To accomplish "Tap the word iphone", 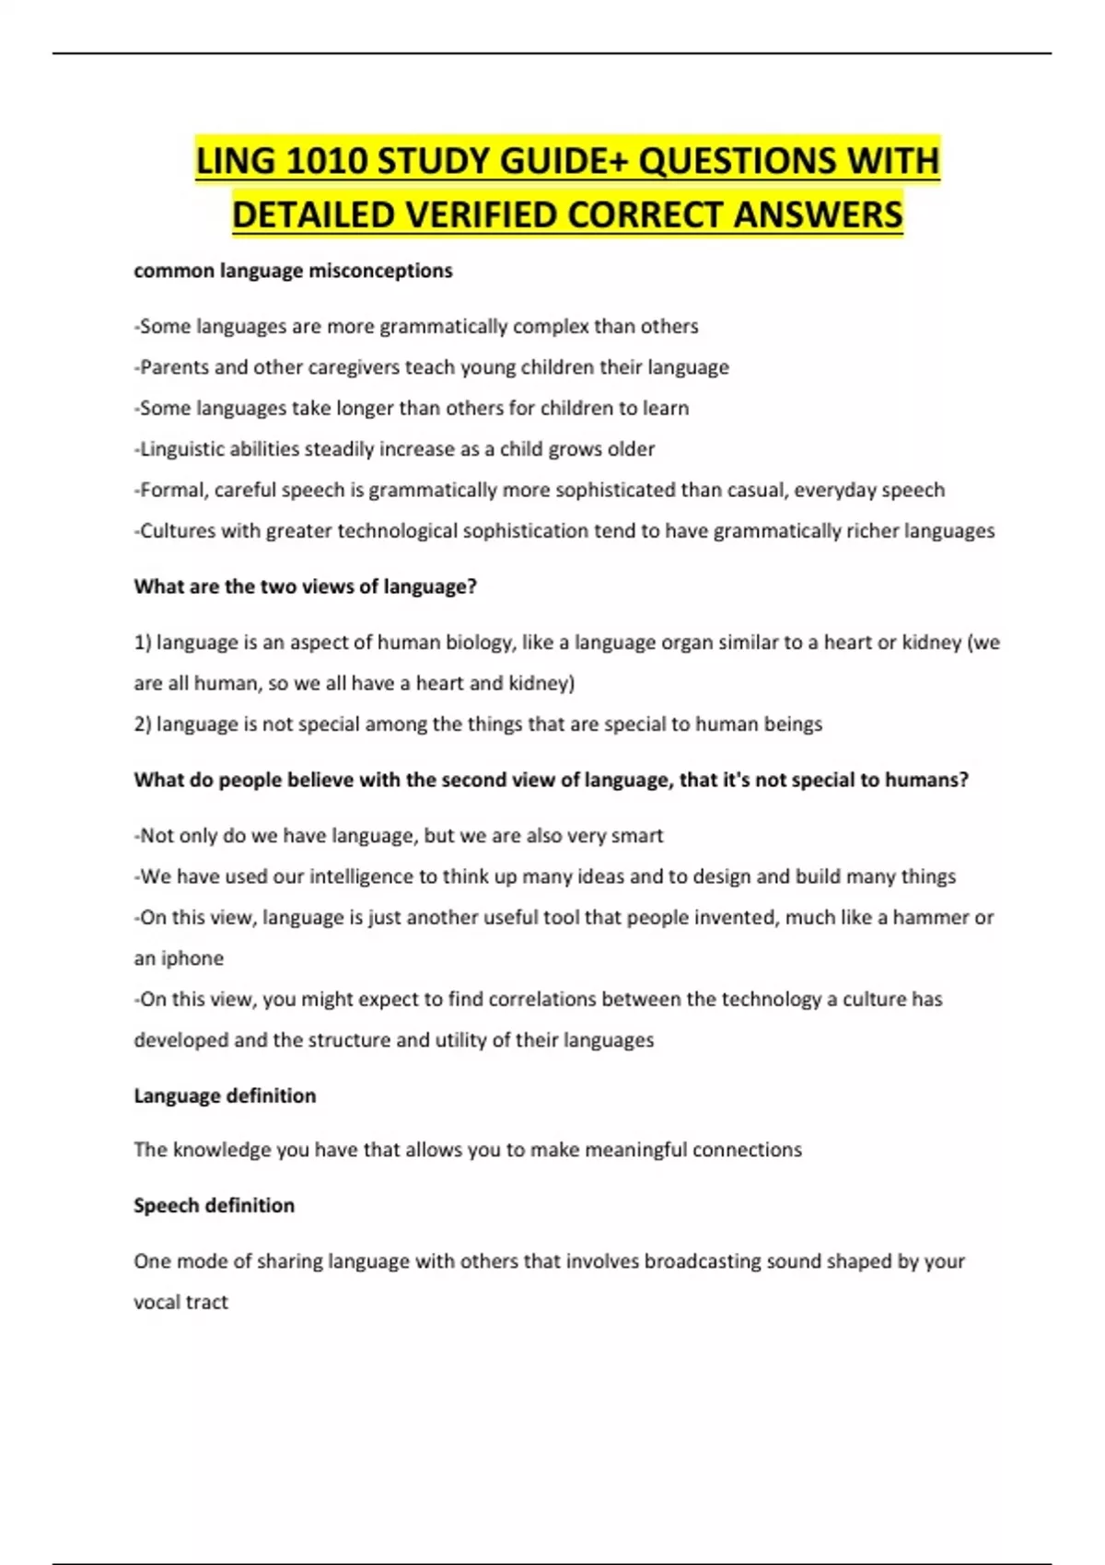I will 192,958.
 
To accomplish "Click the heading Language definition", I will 225,1095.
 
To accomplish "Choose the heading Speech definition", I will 214,1205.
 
